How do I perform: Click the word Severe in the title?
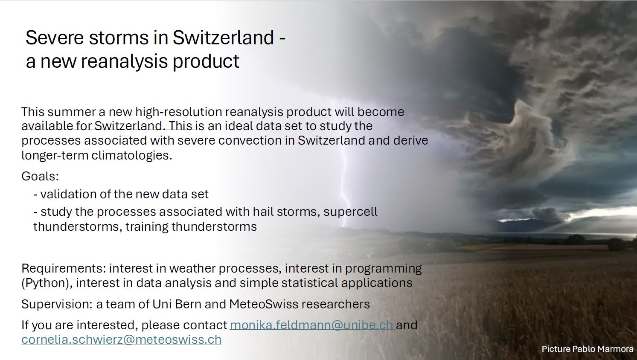pos(55,38)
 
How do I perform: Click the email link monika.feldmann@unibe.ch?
pos(311,325)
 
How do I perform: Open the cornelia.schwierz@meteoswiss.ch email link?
pos(121,340)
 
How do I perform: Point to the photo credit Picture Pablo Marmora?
pos(588,349)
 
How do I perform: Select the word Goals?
pos(40,176)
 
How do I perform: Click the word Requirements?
pos(64,268)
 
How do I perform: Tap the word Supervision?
pos(57,304)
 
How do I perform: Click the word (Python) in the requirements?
pos(47,283)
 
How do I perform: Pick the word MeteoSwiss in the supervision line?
pos(263,304)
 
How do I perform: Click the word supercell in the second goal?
pos(350,212)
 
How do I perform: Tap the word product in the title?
pos(206,61)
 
